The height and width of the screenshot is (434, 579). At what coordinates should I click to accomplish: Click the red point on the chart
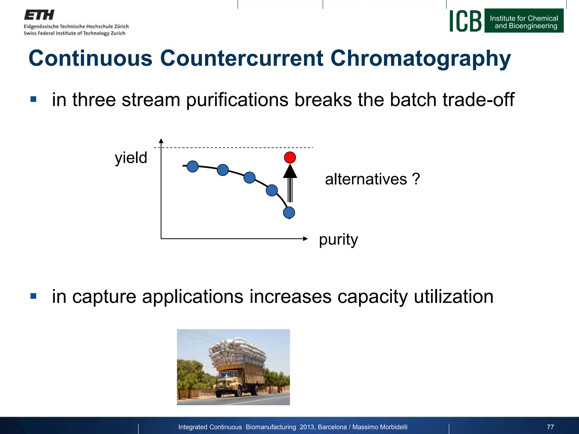click(x=290, y=157)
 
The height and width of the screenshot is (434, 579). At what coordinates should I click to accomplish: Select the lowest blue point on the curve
click(x=289, y=212)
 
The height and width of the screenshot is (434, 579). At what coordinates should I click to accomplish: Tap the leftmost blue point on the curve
click(x=193, y=166)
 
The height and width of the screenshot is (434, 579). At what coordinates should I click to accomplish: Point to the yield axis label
click(x=131, y=158)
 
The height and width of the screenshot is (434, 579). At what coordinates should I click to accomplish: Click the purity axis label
click(x=338, y=240)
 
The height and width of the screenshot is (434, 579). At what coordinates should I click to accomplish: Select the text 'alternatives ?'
click(x=372, y=179)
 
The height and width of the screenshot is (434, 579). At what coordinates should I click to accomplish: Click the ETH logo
click(x=39, y=15)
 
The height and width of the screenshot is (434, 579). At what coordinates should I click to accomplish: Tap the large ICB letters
click(x=465, y=21)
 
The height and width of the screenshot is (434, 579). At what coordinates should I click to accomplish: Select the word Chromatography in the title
click(x=420, y=58)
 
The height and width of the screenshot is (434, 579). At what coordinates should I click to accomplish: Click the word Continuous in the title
click(x=90, y=58)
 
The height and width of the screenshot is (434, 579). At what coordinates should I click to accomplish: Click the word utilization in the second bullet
click(x=453, y=297)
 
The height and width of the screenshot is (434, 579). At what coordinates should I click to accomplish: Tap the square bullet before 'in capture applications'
click(x=33, y=296)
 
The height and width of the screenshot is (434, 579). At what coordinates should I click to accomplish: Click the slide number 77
click(x=550, y=427)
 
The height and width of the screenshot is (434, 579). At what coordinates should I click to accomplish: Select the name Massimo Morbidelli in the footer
click(x=380, y=427)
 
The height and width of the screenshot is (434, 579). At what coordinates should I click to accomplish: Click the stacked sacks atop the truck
click(x=237, y=352)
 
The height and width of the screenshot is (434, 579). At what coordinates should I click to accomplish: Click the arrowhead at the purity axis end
click(x=305, y=239)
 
